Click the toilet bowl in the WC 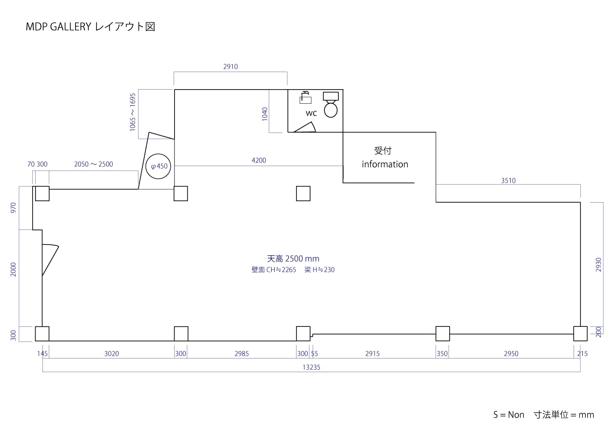tap(331, 108)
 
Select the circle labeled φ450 tap(159, 166)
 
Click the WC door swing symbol tap(306, 128)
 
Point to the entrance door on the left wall tap(49, 259)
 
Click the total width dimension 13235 tap(311, 368)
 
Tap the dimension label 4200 tap(258, 160)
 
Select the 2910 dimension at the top tap(230, 67)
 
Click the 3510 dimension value tap(508, 181)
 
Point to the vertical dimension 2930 tap(598, 265)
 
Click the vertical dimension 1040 tap(265, 114)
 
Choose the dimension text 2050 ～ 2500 tap(93, 164)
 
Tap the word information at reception tap(385, 164)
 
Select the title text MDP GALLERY tap(59, 27)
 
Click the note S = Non tap(508, 415)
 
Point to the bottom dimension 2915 tap(372, 354)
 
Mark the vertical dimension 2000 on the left tap(14, 269)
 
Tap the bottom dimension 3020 tap(112, 354)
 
